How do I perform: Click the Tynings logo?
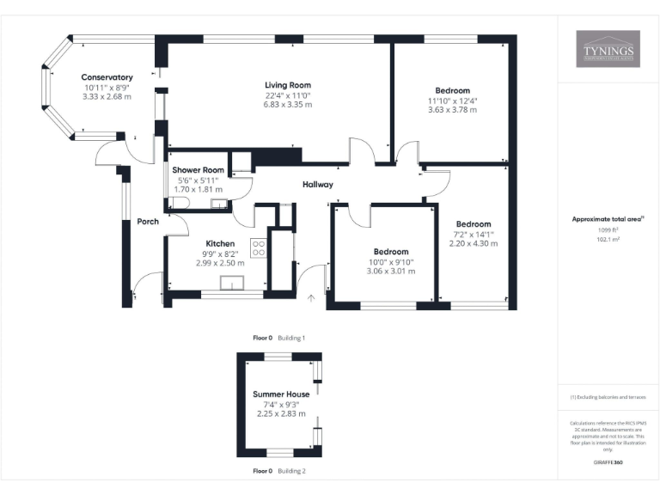[608, 49]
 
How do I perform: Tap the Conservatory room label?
[107, 77]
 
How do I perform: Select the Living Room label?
[287, 84]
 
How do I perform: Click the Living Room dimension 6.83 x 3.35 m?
[287, 104]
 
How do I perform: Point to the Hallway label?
[317, 185]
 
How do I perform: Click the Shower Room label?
[198, 170]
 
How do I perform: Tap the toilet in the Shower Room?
[178, 204]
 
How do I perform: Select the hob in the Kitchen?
[257, 248]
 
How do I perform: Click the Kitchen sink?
[231, 284]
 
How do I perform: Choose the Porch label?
[148, 222]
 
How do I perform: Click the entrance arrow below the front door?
[311, 298]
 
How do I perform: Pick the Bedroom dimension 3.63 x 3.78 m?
[452, 110]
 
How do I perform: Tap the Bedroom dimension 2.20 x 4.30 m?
[474, 244]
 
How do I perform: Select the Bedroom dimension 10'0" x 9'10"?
[392, 261]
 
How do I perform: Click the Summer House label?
[281, 394]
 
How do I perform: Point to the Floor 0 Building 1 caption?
[278, 338]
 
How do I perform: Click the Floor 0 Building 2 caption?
[278, 471]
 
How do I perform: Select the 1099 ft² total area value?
[608, 230]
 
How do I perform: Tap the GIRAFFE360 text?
[608, 461]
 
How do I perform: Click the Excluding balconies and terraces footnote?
[608, 397]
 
